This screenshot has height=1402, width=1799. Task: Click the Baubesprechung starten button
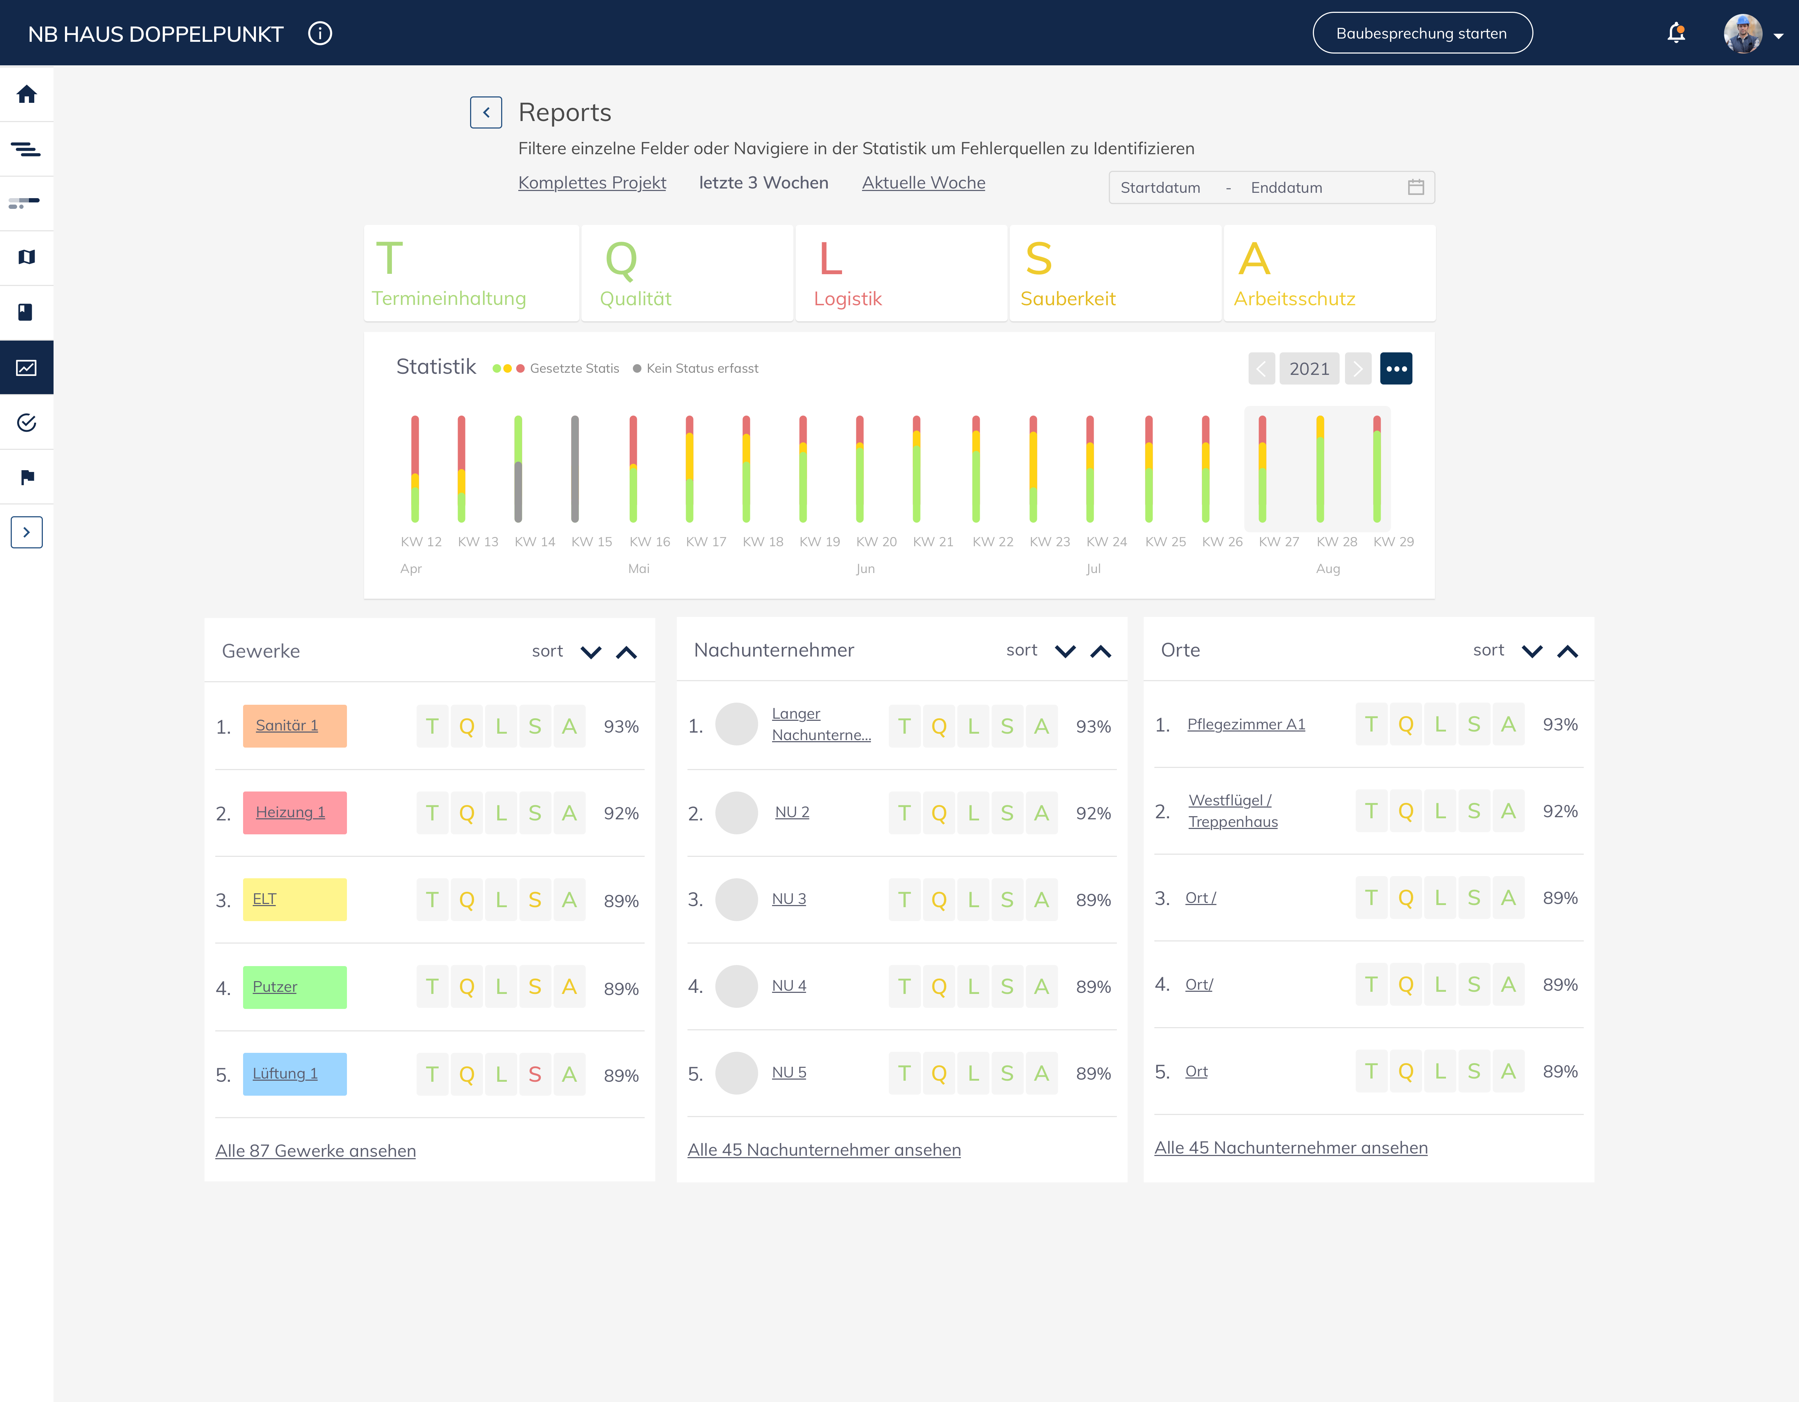point(1422,33)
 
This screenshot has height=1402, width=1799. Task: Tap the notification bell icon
point(1675,33)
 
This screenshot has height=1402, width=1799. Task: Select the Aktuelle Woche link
point(923,183)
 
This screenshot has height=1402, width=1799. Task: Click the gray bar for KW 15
point(575,469)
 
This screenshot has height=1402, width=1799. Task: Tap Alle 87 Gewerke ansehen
point(316,1151)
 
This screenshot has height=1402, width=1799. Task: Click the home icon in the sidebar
point(26,94)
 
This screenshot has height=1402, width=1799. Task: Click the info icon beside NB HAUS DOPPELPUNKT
point(319,33)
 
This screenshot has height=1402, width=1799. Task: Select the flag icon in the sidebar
point(27,477)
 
